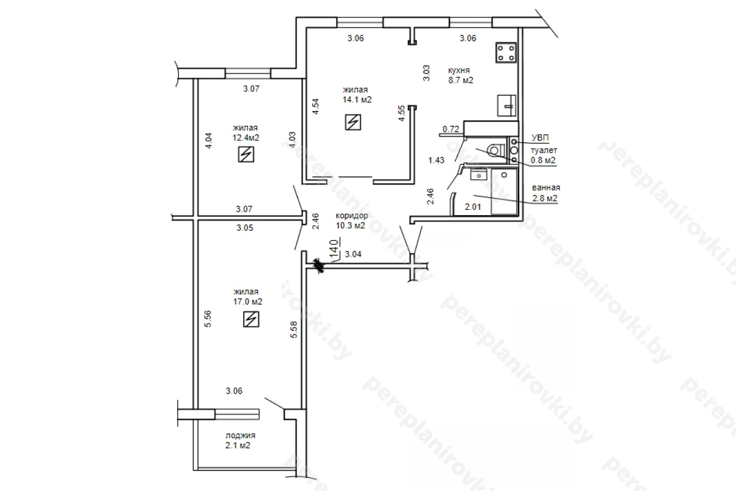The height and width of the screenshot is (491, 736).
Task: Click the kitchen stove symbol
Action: [x=506, y=52]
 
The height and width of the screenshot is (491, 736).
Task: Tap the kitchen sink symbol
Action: [x=507, y=105]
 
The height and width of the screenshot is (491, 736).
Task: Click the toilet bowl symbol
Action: [x=496, y=151]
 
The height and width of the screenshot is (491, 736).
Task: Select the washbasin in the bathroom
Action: [x=479, y=174]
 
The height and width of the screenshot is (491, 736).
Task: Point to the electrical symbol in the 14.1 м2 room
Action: [x=353, y=122]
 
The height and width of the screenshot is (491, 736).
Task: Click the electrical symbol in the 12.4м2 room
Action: [x=246, y=154]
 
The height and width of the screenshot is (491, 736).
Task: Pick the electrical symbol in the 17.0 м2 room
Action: [x=251, y=319]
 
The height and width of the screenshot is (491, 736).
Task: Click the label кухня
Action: [x=459, y=70]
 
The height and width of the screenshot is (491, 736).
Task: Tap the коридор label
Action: [x=352, y=216]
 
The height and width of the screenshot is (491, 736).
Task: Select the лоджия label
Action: [x=240, y=435]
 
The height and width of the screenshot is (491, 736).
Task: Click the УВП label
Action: [x=540, y=138]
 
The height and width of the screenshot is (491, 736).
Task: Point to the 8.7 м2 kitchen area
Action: [x=461, y=80]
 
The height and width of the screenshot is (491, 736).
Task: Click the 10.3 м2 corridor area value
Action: [x=350, y=226]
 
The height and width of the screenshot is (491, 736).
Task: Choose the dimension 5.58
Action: [x=294, y=329]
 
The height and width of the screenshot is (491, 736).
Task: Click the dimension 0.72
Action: [x=451, y=129]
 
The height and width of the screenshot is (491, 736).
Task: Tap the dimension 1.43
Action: [x=436, y=160]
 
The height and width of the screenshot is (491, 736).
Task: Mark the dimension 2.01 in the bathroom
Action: [x=473, y=207]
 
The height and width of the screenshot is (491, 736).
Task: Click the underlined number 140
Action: [x=334, y=248]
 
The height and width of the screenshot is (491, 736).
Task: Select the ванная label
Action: [x=546, y=188]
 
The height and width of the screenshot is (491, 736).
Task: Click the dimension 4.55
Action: [x=401, y=113]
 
